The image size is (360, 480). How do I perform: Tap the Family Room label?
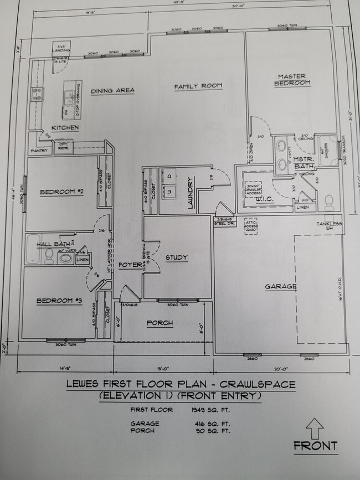pyautogui.click(x=198, y=86)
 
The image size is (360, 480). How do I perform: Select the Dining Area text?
pyautogui.click(x=113, y=90)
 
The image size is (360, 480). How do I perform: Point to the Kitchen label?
pyautogui.click(x=65, y=128)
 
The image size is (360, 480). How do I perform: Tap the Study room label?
pyautogui.click(x=176, y=257)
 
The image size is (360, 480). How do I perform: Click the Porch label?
pyautogui.click(x=160, y=323)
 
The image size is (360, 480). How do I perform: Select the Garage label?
pyautogui.click(x=280, y=286)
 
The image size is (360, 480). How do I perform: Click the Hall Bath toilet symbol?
pyautogui.click(x=49, y=255)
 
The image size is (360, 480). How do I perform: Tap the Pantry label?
pyautogui.click(x=39, y=150)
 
